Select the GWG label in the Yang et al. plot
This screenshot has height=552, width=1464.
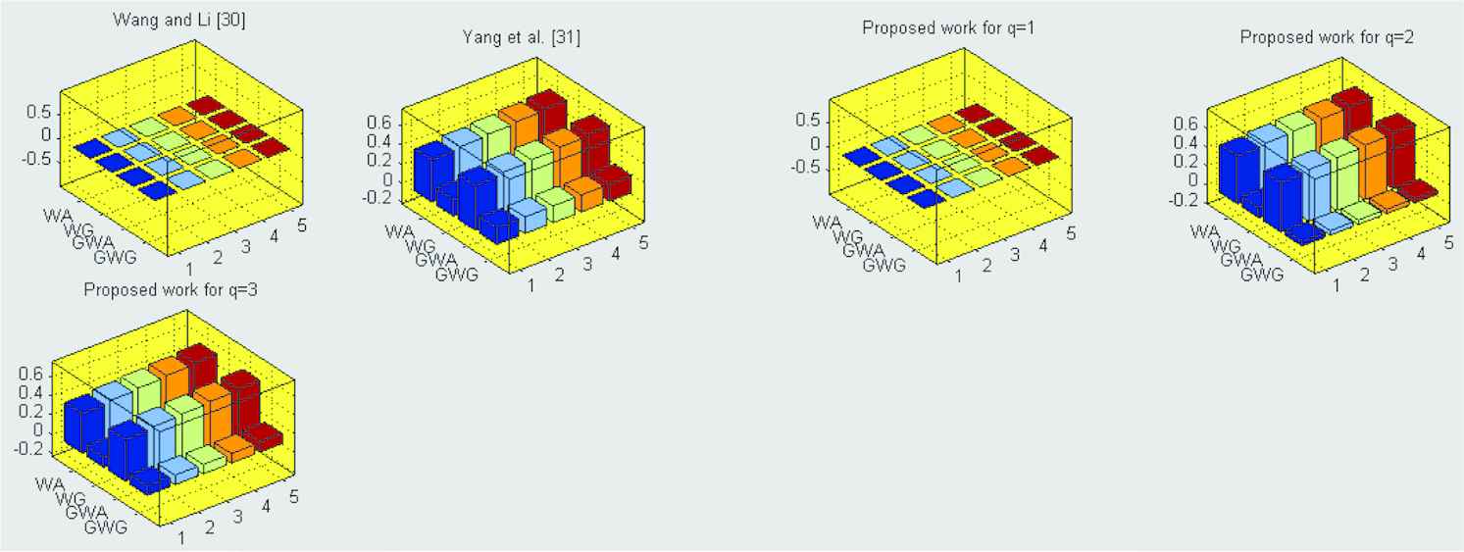tap(456, 275)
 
